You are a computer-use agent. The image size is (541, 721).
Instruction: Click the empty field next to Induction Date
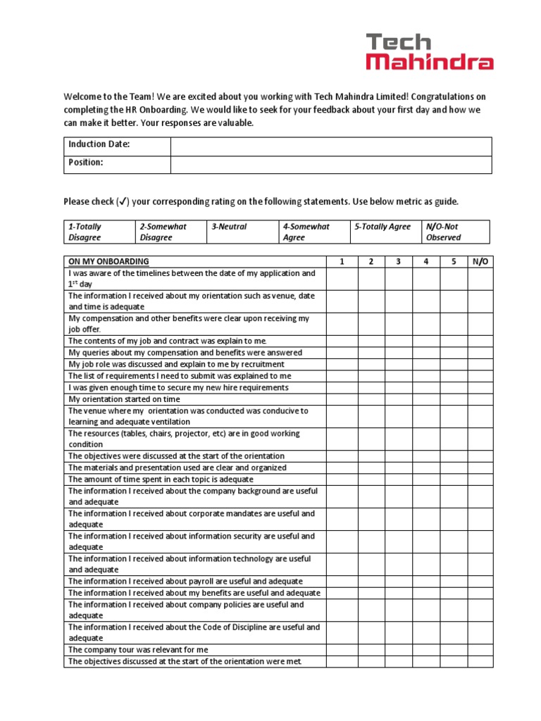coord(331,146)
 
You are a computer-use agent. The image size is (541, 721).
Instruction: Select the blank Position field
coord(331,164)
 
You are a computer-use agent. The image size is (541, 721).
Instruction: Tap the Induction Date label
coord(99,144)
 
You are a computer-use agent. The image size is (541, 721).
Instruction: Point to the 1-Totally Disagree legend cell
coord(99,232)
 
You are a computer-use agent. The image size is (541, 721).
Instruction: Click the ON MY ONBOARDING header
coord(109,261)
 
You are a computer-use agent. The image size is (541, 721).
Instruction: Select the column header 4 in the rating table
coord(426,261)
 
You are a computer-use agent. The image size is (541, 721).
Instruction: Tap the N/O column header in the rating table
coord(480,261)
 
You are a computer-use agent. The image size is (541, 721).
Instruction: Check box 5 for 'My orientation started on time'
coord(454,399)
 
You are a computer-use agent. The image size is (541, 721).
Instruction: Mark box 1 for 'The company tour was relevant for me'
coord(342,650)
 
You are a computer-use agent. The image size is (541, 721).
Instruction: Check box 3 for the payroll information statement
coord(399,582)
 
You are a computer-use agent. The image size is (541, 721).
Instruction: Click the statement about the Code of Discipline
coord(194,632)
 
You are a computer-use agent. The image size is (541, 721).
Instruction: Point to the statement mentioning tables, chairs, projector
coord(184,439)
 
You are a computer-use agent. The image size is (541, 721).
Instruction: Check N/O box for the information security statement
coord(480,541)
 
